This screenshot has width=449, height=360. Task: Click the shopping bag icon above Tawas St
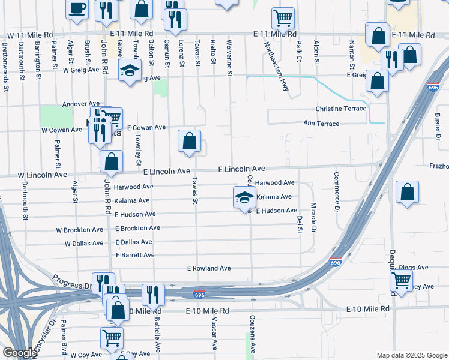click(x=189, y=142)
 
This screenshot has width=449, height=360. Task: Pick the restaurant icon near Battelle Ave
click(x=153, y=295)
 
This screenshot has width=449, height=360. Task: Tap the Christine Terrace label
click(x=341, y=109)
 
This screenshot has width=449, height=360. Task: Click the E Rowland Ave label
click(x=209, y=268)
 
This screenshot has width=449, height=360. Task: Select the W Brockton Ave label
click(x=80, y=230)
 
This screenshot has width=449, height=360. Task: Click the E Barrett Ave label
click(x=135, y=255)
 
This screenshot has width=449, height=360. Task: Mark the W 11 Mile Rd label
click(x=28, y=36)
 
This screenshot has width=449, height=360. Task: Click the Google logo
click(x=20, y=353)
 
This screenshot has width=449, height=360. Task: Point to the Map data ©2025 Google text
click(x=411, y=355)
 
